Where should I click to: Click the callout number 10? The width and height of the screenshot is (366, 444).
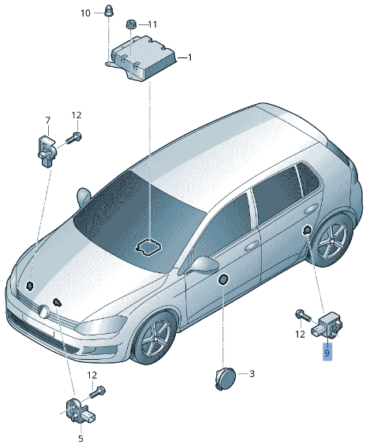click(85, 13)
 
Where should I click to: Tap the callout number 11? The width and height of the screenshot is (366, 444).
click(152, 24)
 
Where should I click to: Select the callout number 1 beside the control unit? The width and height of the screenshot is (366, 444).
click(190, 57)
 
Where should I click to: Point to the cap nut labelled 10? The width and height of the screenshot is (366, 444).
click(109, 11)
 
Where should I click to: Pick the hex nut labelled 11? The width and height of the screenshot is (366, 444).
click(131, 24)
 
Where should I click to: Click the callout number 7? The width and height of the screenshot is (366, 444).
click(47, 120)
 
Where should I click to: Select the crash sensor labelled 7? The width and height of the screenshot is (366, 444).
click(47, 151)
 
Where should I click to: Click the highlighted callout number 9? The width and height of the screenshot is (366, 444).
click(327, 353)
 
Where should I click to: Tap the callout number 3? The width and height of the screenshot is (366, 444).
click(252, 374)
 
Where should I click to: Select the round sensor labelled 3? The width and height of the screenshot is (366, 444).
click(226, 379)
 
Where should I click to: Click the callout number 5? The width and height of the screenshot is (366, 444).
click(81, 438)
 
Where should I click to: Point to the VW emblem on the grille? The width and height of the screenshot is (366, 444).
click(43, 311)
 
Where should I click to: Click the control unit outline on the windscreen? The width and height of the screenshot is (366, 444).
click(148, 246)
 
